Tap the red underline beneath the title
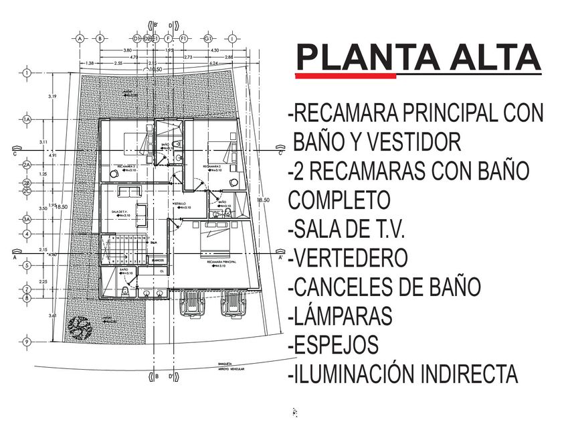(345, 76)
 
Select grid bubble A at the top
(80, 38)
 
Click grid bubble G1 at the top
(209, 38)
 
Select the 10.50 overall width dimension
(155, 69)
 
